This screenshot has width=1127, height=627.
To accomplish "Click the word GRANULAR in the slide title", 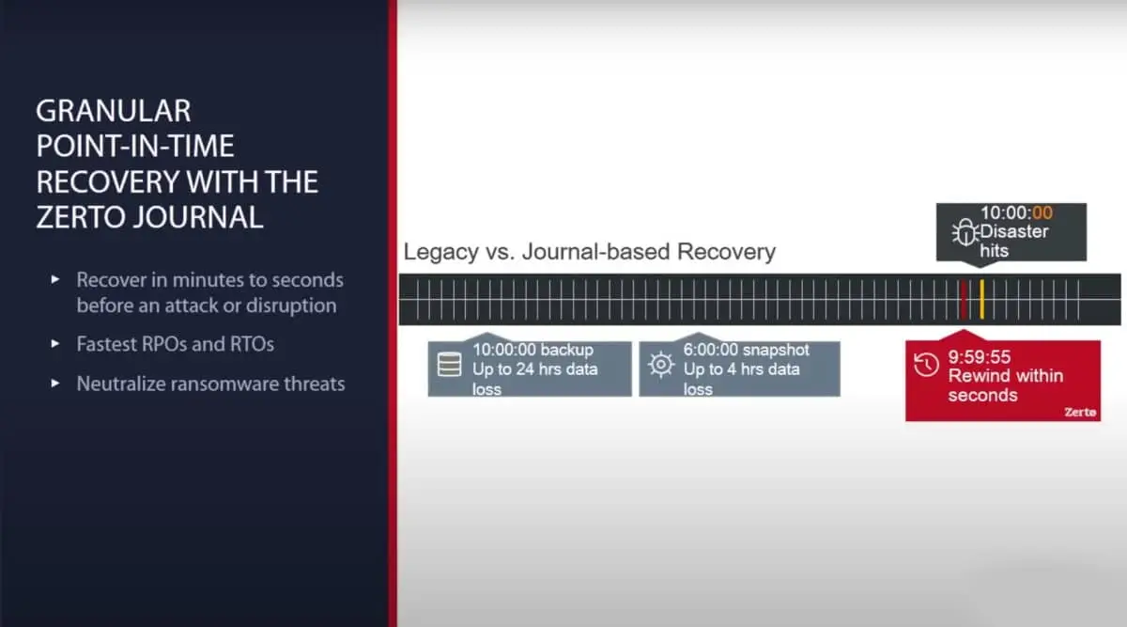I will coord(113,111).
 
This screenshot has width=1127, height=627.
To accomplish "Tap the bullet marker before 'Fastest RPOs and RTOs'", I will coord(56,345).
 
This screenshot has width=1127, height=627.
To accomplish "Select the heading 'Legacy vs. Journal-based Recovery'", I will coord(589,252).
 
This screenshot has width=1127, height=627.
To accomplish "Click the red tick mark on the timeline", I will coord(963,299).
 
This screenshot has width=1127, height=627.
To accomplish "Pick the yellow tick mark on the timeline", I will coord(981,299).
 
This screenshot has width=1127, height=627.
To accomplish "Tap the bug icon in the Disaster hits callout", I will coord(964,233).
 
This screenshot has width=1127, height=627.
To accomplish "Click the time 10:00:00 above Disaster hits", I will coord(1016,213).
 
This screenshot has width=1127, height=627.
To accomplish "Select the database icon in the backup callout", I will coord(450,365).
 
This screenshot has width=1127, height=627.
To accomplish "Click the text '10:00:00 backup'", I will coord(532,351).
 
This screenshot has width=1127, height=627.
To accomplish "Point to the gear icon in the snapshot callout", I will coord(661,365).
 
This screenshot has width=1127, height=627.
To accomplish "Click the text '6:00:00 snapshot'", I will coord(746,351).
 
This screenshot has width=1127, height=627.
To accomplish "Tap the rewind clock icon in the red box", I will coord(926,365).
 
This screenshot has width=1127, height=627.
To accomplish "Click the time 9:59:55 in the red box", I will coord(980,356).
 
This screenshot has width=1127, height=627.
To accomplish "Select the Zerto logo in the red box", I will coord(1080,412).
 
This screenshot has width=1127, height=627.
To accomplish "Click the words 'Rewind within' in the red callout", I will coord(1005,376).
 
